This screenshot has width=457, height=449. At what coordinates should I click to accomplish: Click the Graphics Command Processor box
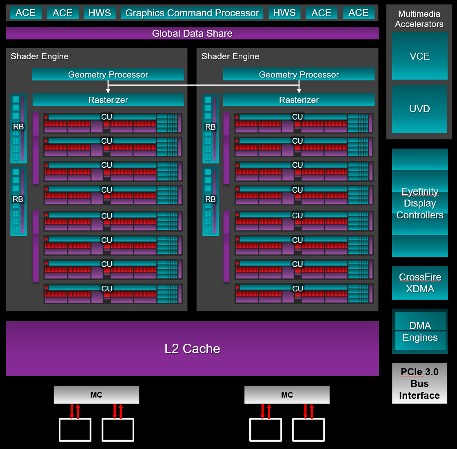[x=192, y=13]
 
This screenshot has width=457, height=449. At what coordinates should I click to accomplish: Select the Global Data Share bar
[x=192, y=33]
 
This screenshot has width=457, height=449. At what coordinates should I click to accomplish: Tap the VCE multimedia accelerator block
[x=420, y=56]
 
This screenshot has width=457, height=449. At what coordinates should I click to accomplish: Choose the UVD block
[x=420, y=109]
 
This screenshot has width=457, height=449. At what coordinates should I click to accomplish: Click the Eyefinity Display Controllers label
[x=420, y=203]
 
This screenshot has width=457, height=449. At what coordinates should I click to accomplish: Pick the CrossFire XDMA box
[x=420, y=282]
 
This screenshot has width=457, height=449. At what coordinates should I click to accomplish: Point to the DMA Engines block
[x=420, y=331]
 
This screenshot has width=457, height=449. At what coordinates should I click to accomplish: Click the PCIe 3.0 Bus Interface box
[x=420, y=383]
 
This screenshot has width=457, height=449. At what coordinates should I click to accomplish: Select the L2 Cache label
[x=192, y=349]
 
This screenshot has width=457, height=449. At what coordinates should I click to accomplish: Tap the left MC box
[x=96, y=395]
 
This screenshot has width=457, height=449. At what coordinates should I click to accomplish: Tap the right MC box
[x=287, y=395]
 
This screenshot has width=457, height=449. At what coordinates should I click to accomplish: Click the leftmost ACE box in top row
[x=26, y=13]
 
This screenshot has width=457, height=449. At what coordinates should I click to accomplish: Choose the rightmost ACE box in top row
[x=359, y=13]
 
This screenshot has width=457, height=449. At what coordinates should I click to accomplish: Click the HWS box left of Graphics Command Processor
[x=100, y=13]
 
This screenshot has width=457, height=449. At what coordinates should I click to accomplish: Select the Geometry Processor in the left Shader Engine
[x=108, y=74]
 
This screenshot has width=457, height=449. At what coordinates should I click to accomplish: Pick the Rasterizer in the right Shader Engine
[x=299, y=100]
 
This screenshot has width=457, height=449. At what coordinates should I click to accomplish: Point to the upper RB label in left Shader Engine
[x=18, y=127]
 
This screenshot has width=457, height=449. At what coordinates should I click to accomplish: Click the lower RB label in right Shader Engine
[x=211, y=199]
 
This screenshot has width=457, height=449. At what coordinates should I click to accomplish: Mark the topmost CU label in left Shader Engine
[x=106, y=117]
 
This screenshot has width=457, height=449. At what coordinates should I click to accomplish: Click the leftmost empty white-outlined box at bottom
[x=75, y=430]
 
